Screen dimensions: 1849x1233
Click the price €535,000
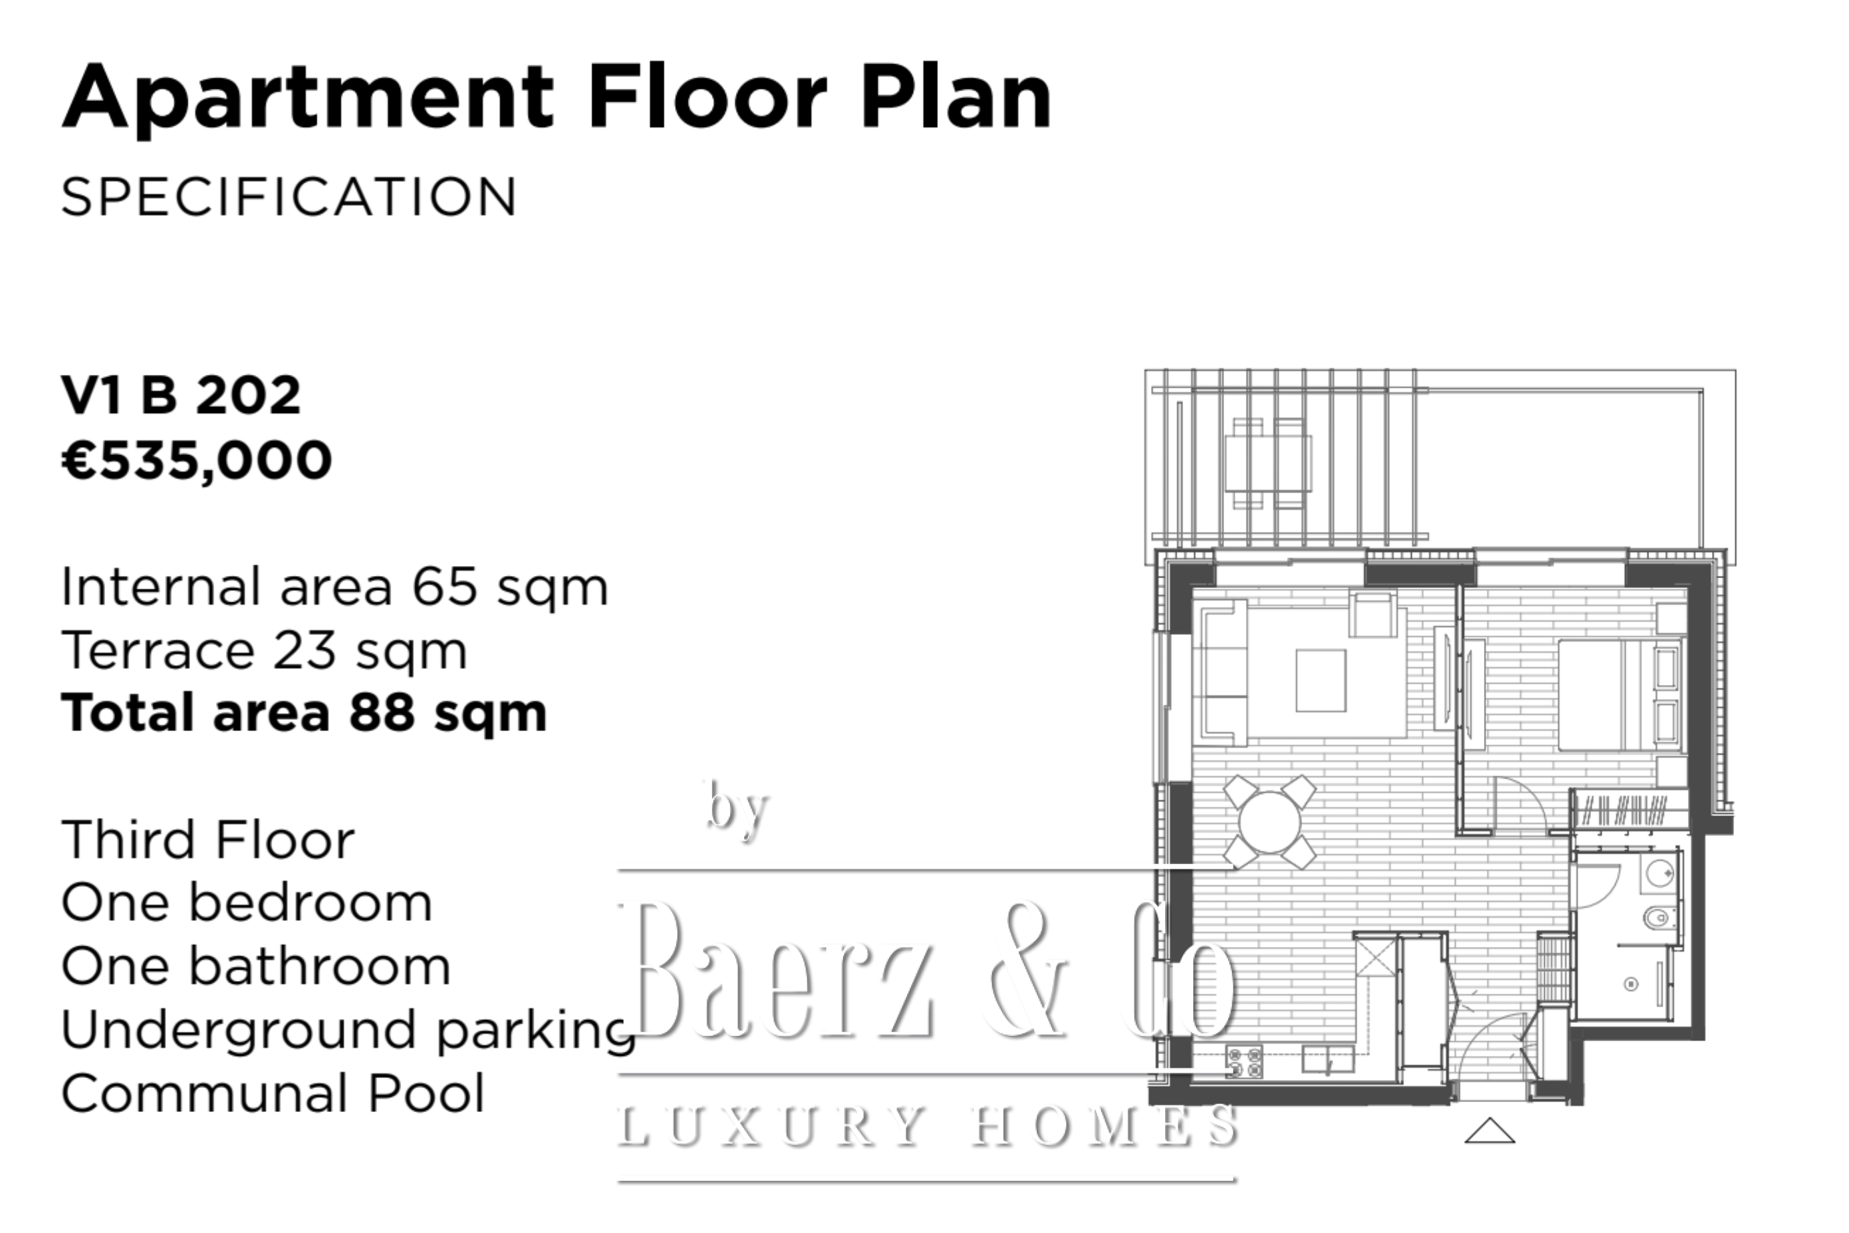click(197, 461)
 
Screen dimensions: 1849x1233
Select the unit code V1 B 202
click(181, 395)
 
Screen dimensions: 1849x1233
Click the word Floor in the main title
click(707, 98)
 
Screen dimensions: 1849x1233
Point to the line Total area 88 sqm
click(303, 713)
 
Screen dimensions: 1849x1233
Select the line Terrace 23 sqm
click(264, 652)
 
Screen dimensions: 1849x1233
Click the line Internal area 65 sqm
click(335, 587)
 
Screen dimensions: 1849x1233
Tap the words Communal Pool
click(273, 1094)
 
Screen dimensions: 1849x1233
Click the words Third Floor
click(209, 840)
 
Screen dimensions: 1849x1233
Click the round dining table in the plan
click(1269, 822)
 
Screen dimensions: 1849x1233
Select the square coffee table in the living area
click(1320, 680)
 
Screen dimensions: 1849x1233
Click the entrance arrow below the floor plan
click(1489, 1131)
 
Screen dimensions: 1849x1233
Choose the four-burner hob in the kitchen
click(1244, 1061)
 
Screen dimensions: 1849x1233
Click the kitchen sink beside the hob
click(1328, 1059)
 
